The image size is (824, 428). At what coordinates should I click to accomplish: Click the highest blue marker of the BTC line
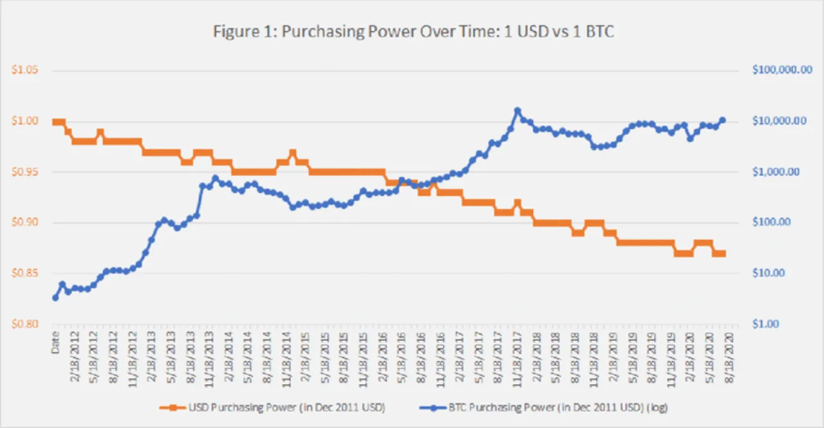coord(517,110)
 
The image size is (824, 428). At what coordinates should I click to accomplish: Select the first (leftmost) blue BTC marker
coord(55,298)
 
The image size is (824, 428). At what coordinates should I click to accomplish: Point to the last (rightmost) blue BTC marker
coord(722,120)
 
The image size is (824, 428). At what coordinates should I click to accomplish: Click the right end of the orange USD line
coord(724,253)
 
